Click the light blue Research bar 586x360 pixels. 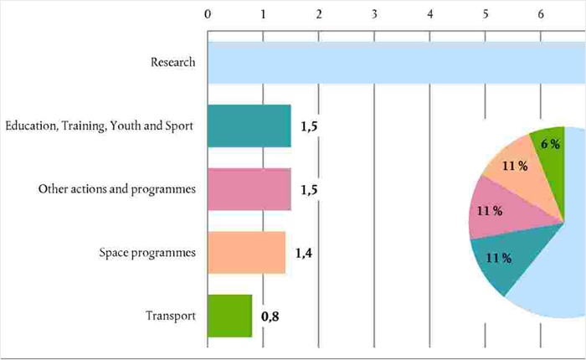(x=393, y=63)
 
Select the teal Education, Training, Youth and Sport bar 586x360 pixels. (x=249, y=126)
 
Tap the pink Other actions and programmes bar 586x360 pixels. (x=249, y=189)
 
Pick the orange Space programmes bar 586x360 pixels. (x=246, y=253)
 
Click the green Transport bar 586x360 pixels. (x=229, y=316)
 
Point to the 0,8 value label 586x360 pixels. (x=270, y=316)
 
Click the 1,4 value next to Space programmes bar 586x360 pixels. (x=304, y=253)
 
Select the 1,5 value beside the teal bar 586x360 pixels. (x=309, y=126)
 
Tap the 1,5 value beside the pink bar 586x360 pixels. (x=309, y=190)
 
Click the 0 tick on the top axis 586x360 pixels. (x=208, y=14)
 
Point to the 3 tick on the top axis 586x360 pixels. (x=374, y=14)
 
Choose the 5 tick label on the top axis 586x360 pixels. (x=486, y=14)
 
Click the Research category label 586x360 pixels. (x=173, y=63)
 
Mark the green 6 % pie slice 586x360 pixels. (x=552, y=145)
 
